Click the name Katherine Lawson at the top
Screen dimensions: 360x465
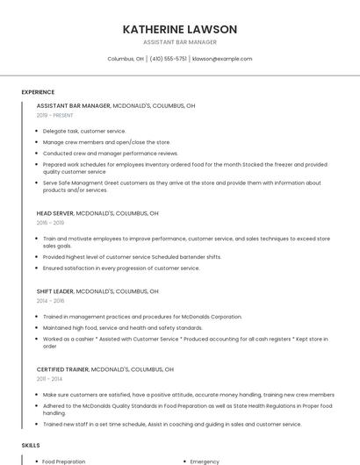180,29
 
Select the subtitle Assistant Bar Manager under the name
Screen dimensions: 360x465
180,42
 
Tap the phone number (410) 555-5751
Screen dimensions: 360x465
168,59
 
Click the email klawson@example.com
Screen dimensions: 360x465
222,59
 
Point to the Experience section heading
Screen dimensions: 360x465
38,92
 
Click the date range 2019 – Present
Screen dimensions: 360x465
55,115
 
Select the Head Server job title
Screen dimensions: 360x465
55,213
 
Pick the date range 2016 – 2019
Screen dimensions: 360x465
50,223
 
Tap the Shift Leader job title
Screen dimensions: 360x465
55,290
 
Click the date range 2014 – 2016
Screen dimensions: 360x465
50,300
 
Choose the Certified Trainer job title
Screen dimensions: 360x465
61,369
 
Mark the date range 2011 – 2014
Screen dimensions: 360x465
49,379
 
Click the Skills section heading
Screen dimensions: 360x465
31,446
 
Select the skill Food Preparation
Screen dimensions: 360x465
64,461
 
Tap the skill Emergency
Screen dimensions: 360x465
205,461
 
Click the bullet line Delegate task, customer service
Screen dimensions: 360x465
84,131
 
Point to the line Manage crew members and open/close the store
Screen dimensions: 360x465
106,141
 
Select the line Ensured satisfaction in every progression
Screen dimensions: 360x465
121,268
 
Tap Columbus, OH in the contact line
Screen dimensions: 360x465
126,59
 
